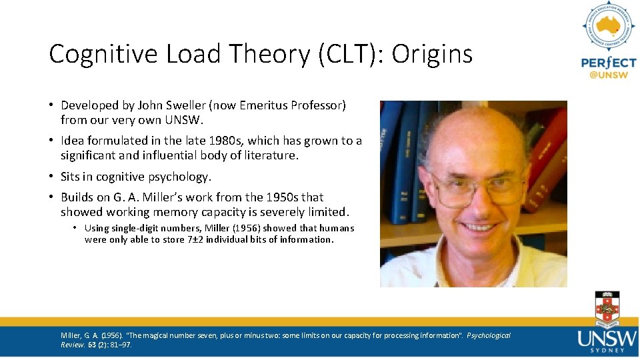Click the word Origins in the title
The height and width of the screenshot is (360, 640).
[432, 54]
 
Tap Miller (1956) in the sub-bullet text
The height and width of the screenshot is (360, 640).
[231, 228]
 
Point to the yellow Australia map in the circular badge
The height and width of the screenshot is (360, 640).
[608, 27]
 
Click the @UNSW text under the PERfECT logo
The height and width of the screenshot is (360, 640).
[608, 76]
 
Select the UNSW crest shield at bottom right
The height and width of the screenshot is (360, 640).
[607, 310]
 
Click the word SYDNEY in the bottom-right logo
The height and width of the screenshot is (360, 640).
[607, 349]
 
